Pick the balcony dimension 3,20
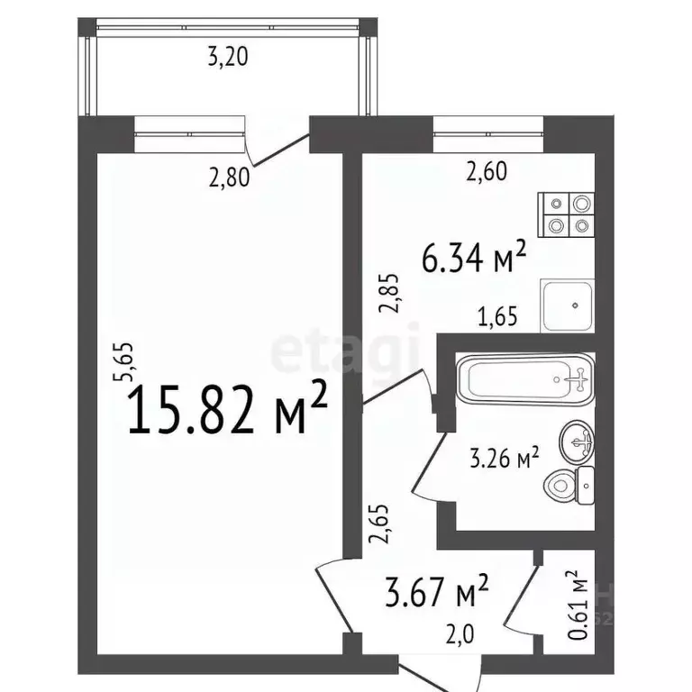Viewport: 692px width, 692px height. tap(227, 59)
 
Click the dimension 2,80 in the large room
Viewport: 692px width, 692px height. tap(229, 178)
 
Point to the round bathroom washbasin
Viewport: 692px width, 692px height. tap(578, 442)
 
